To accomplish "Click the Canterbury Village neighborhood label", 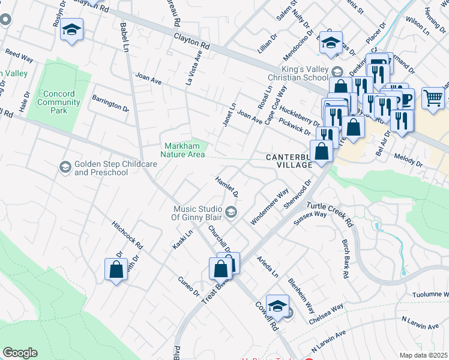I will pos(289,161).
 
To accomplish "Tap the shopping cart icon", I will pos(433,97).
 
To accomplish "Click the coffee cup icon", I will pos(405,97).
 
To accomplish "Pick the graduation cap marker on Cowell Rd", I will pos(277,306).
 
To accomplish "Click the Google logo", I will pos(20,353).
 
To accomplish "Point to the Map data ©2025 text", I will pos(423,355).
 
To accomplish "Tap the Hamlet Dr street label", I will pos(227,187).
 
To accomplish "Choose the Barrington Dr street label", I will pos(110,103).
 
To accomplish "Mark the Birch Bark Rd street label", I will pos(346,265).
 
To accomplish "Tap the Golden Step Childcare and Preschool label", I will pos(101,169).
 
